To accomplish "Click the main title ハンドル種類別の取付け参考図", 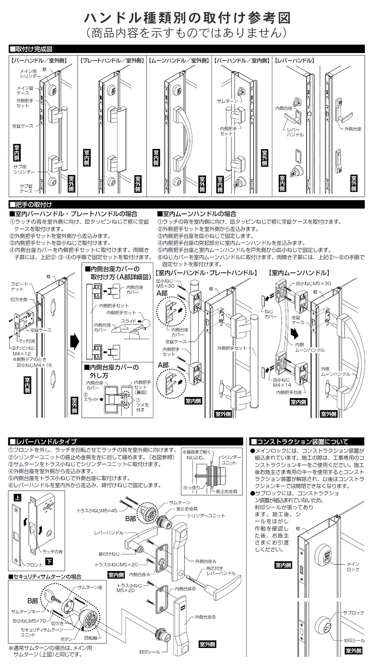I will pos(187,17).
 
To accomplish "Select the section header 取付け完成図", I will pos(34,49).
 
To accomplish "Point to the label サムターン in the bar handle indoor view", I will pos(228,101).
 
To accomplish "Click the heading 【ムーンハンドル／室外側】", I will pos(179,60).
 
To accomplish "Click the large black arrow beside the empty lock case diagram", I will pos(75,341).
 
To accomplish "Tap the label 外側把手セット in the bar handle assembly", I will pos(232,348).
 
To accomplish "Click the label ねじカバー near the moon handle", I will pos(271,314).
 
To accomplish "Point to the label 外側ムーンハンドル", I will pos(336,371).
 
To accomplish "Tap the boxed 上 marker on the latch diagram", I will pos(18,498).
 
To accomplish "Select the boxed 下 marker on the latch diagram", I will pos(49,561).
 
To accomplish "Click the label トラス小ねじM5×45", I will pos(97,511).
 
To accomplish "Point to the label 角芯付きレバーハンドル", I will pos(221,571).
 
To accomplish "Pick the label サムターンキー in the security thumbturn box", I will pos(25,612).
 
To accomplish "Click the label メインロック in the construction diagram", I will pos(353,567).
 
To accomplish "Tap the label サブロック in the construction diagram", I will pos(353,613).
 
